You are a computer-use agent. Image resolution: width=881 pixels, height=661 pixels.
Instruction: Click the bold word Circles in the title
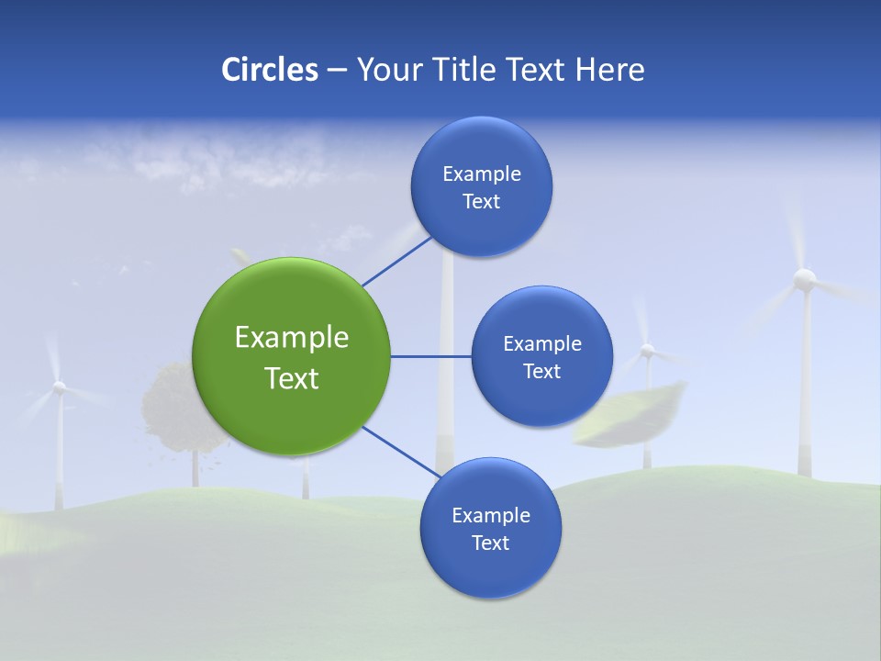[270, 70]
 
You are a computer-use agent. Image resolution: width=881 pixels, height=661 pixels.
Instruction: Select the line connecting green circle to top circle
[396, 262]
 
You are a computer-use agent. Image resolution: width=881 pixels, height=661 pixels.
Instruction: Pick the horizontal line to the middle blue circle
[430, 356]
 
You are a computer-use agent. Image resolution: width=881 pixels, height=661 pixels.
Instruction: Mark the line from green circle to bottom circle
[400, 452]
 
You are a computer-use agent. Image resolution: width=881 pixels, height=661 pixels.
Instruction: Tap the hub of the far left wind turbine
[59, 388]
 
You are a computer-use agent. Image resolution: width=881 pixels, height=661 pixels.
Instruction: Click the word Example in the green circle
[292, 338]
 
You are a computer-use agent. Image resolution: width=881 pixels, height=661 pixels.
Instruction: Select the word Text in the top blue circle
[481, 202]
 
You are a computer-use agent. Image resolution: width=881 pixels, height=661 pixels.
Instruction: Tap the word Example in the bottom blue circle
[490, 516]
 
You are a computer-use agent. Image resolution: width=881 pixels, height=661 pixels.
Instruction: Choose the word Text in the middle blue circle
[541, 372]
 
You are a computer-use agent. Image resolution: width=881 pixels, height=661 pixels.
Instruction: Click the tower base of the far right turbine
[805, 468]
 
